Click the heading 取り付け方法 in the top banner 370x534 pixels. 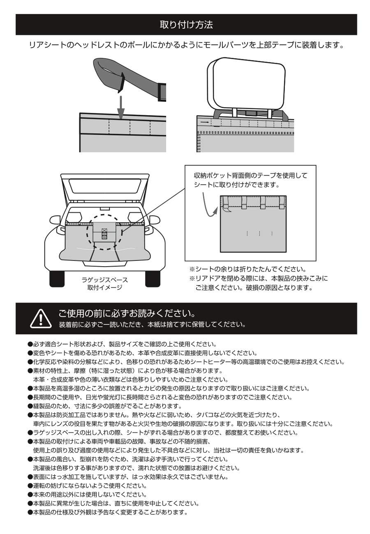coord(186,25)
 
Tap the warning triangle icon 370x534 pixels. coord(41,319)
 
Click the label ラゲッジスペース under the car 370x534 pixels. coord(104,280)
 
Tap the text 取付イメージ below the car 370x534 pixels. coord(104,288)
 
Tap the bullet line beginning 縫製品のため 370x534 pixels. coord(107,406)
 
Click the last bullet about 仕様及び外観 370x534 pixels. coord(110,512)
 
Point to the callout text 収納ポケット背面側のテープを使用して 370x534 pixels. coord(250,175)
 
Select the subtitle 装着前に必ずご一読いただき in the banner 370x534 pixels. coord(152,325)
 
